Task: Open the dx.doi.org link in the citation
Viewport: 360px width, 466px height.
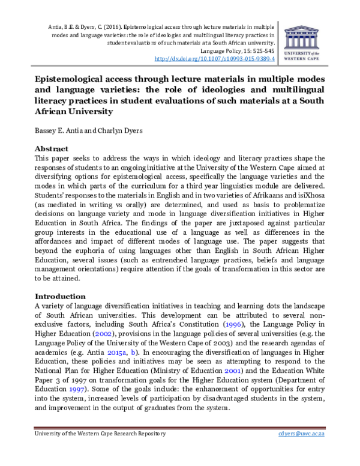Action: click(x=215, y=59)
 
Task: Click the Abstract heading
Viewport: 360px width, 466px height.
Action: click(x=52, y=148)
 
